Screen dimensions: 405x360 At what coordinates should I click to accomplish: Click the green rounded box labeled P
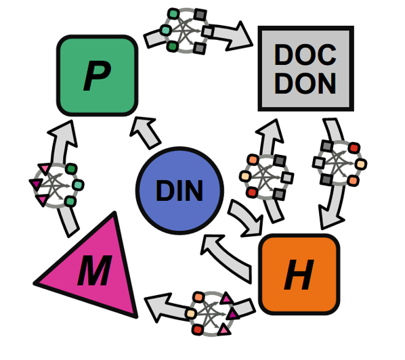[x=97, y=76]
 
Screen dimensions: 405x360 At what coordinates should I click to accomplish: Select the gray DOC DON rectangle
[x=306, y=68]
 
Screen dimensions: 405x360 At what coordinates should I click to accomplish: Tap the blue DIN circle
[x=179, y=191]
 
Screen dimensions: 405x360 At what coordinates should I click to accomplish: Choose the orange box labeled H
[x=299, y=274]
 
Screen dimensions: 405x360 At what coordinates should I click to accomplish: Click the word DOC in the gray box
[x=305, y=55]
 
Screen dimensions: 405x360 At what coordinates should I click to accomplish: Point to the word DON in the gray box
[x=305, y=83]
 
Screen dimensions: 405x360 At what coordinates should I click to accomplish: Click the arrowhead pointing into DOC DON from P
[x=239, y=36]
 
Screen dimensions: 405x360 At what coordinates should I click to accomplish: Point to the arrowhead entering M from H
[x=158, y=307]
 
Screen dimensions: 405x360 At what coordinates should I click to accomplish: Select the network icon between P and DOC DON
[x=186, y=31]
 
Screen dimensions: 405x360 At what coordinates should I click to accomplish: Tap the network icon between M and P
[x=56, y=185]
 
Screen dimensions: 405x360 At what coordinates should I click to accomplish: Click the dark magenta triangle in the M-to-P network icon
[x=36, y=184]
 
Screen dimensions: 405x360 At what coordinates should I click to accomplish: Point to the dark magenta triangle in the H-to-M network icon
[x=233, y=313]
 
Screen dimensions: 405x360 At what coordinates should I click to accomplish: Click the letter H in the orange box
[x=299, y=275]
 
